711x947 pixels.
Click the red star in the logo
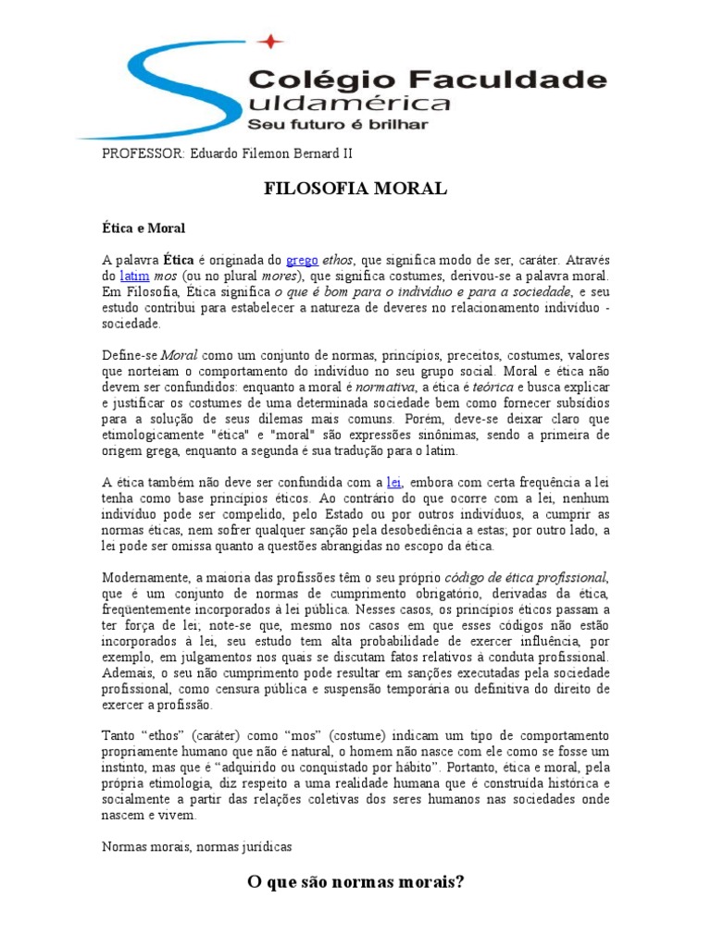269,41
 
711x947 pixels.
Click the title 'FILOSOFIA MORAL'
355,190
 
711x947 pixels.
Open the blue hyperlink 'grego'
303,260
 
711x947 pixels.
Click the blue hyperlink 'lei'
393,482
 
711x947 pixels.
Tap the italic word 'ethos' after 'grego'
340,260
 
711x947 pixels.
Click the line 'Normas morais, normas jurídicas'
197,846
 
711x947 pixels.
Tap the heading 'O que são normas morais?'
355,882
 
